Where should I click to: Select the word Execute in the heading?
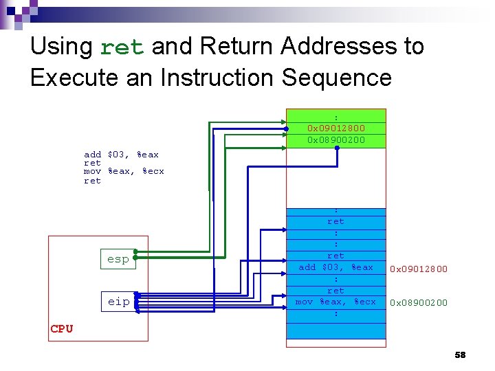[72, 78]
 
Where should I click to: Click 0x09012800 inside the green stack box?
[336, 128]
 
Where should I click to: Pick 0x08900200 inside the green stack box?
[336, 140]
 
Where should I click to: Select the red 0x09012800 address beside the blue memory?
[419, 269]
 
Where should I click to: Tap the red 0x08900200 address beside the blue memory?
[419, 302]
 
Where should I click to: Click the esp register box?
[118, 260]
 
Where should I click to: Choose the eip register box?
[118, 302]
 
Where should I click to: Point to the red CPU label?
[62, 328]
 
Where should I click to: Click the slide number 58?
[460, 355]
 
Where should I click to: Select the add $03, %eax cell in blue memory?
[336, 267]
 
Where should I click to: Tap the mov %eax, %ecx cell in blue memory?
[336, 302]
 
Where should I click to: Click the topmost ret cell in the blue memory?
[336, 221]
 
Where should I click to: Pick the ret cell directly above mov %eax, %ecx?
[336, 291]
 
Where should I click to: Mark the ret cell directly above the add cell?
[336, 256]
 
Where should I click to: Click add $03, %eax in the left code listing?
[121, 155]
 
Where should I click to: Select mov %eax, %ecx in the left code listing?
[124, 171]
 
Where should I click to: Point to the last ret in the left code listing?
[92, 181]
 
